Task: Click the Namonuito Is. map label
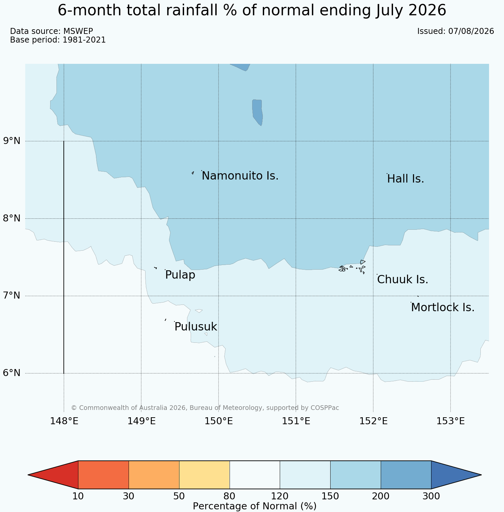click(240, 176)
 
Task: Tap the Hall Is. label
click(406, 179)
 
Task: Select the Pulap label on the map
click(180, 275)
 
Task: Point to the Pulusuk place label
click(196, 327)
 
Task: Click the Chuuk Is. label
click(403, 280)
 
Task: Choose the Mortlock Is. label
click(443, 308)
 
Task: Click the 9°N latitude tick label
click(12, 141)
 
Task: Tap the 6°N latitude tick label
click(12, 373)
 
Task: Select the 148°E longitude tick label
click(64, 421)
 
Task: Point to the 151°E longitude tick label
click(296, 421)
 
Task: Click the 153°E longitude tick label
click(451, 421)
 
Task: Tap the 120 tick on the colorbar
click(280, 496)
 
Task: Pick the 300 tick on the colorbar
click(431, 496)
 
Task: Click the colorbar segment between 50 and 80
click(204, 475)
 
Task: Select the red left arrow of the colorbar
click(53, 475)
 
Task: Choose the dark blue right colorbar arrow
click(456, 475)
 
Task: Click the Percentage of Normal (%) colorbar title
click(254, 506)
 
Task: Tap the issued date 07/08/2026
click(471, 31)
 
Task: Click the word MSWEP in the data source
click(78, 31)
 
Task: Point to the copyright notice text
click(205, 408)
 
